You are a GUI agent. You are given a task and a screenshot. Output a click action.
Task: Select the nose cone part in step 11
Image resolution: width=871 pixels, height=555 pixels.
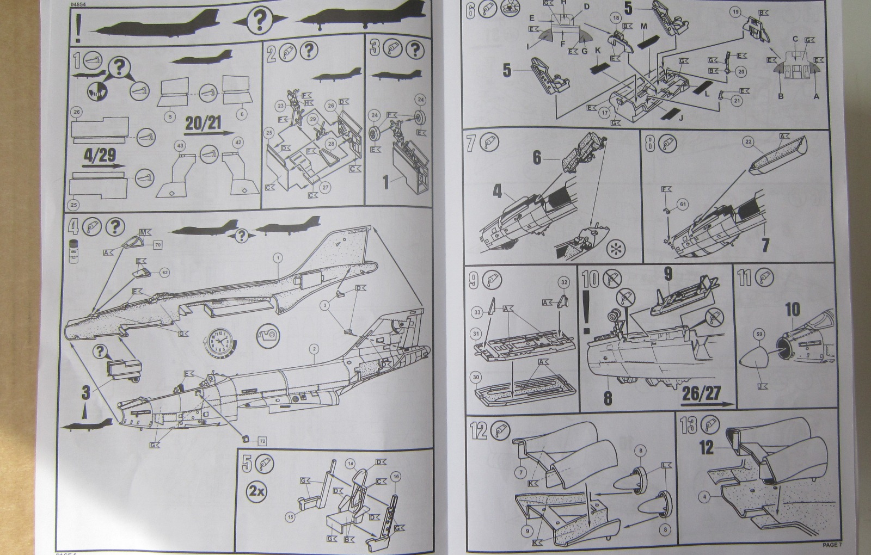point(757,361)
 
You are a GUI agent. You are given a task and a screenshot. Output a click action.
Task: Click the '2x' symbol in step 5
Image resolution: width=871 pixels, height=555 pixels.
point(257,490)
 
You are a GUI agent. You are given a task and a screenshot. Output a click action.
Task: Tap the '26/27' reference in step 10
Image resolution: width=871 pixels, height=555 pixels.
point(701,393)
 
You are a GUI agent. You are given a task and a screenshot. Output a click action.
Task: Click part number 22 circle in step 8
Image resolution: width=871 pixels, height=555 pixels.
point(749,142)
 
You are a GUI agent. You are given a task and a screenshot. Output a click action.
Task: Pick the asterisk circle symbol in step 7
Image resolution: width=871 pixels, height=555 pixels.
point(616,249)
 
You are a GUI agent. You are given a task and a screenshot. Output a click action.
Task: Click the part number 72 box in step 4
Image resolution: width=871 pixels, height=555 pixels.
point(262,440)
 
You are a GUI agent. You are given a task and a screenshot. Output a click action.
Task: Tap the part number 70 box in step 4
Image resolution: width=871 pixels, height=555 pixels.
point(158,245)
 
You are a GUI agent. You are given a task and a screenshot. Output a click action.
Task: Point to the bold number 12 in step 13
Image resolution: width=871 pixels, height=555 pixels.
point(706,447)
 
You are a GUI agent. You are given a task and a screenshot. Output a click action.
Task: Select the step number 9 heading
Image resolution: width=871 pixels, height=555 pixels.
point(473,280)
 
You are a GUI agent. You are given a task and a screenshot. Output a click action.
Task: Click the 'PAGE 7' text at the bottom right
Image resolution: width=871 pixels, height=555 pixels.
point(832,545)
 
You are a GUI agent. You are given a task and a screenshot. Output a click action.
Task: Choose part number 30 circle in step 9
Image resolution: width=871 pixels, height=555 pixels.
point(476,377)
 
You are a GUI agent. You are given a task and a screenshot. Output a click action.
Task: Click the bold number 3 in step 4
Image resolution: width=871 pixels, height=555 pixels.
point(85,393)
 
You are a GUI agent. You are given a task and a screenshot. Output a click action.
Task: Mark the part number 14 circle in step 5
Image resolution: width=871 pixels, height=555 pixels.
point(351,464)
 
